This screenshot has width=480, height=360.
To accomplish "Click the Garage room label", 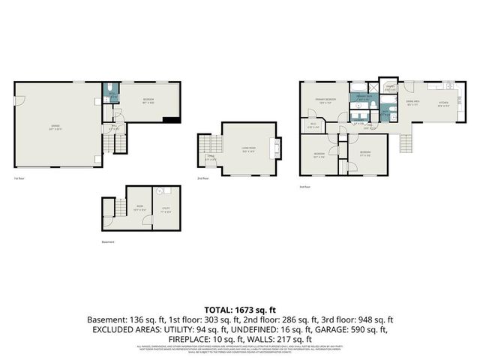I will (55, 125).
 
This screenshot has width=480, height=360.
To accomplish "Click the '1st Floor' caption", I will (19, 178).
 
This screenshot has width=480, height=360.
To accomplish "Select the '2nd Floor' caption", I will (202, 178).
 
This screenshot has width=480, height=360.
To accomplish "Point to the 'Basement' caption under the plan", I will (109, 242).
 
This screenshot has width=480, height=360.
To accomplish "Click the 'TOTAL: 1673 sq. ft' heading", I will (240, 308).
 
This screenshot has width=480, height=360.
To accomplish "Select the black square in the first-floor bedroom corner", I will (172, 118).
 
